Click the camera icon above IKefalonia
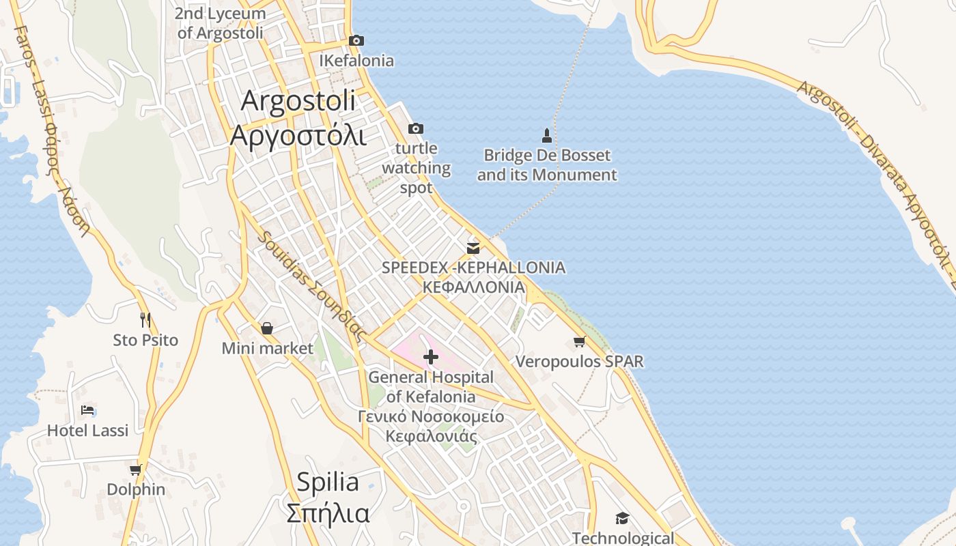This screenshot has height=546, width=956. pos(356,41)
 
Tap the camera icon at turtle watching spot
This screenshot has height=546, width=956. pos(415,128)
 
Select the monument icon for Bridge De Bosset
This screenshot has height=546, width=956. pos(546,134)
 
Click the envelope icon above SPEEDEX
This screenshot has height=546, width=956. pos(473,248)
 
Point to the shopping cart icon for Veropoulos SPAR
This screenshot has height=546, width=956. pos(579,341)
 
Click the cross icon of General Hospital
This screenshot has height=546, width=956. pos(431,356)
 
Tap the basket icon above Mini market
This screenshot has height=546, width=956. pos(267,328)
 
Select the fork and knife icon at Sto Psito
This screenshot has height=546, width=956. pos(145,319)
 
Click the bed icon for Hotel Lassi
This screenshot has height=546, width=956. pos(87,410)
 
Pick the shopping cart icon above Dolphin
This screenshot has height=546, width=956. pos(135,470)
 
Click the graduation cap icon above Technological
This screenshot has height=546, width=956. pos(622,518)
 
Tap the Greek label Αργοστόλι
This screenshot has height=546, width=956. pos(298,135)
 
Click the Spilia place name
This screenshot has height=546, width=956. pos(328,483)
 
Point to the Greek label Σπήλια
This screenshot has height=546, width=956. pos(328,513)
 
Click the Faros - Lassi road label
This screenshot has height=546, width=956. pos(53,130)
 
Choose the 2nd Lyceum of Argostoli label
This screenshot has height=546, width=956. pos(221,23)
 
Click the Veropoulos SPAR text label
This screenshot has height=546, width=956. pos(579,361)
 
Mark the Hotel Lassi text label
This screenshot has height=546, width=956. pos(87,431)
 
